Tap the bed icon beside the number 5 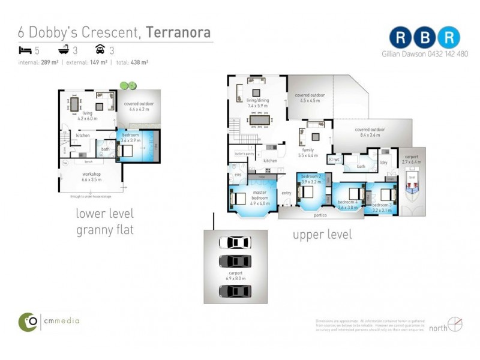point(24,50)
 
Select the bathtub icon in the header point(62,50)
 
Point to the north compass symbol point(455,325)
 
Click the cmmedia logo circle point(28,321)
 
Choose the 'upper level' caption point(322,235)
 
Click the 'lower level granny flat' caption point(104,221)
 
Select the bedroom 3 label point(382,207)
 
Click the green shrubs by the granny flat point(127,85)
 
